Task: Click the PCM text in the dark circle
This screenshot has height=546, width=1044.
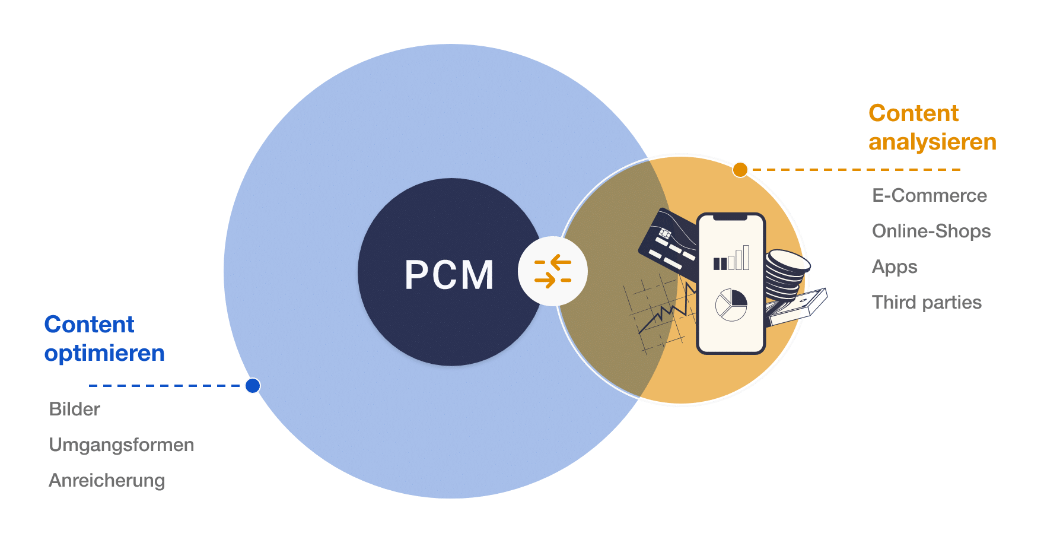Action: (449, 275)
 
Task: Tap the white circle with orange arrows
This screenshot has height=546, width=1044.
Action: (553, 271)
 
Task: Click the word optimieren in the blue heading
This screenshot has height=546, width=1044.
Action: (104, 354)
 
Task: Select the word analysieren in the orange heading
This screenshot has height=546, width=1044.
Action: (932, 142)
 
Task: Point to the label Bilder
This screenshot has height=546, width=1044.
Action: (74, 409)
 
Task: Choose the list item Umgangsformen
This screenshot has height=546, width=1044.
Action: (121, 445)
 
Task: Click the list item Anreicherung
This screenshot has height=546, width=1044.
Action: (107, 480)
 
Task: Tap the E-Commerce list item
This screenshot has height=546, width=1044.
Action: (929, 195)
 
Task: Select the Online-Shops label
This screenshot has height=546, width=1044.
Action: (931, 231)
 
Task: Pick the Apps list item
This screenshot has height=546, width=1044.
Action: (895, 267)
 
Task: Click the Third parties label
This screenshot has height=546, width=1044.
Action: (927, 302)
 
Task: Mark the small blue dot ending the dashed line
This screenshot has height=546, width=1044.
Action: (253, 386)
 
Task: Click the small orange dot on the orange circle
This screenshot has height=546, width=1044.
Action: (740, 170)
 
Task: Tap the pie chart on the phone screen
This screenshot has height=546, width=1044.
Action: (731, 304)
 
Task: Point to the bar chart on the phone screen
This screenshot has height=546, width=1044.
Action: (731, 259)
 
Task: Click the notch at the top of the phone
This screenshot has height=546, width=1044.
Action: (730, 217)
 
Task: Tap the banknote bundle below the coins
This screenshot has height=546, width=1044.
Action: (798, 307)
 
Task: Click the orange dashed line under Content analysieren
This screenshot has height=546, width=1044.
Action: (854, 170)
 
